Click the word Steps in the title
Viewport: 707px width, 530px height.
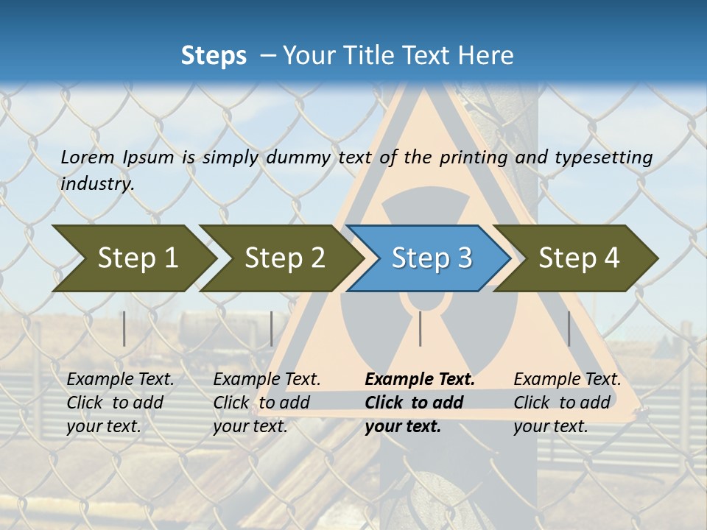click(x=214, y=56)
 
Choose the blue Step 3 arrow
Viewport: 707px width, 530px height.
click(x=432, y=258)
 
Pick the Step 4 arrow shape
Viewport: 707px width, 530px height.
click(x=579, y=258)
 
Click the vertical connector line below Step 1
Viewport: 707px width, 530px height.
click(x=124, y=328)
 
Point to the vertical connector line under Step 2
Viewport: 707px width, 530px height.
click(x=272, y=328)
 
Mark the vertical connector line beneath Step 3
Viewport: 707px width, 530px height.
click(x=421, y=328)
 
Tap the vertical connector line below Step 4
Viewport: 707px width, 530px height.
click(x=569, y=328)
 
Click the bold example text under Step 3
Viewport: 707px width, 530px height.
click(x=419, y=403)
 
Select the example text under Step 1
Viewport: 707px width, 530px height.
click(x=120, y=403)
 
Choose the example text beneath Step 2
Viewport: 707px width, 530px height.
click(x=267, y=403)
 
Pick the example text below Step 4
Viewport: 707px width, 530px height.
click(x=567, y=403)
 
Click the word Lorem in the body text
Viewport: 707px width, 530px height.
click(x=88, y=158)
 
